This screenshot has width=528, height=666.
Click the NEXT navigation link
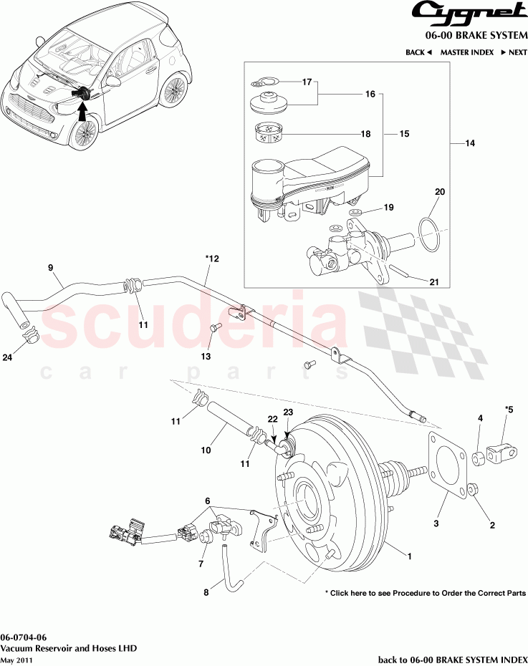point(514,52)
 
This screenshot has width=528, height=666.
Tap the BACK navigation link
point(418,52)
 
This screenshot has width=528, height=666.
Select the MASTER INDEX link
point(466,52)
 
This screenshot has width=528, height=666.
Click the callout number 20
point(440,192)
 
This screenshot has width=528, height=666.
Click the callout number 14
point(470,144)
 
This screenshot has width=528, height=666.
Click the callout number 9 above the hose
point(51,268)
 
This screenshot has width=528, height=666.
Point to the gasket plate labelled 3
point(448,465)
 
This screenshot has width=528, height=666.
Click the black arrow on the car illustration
point(81,110)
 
